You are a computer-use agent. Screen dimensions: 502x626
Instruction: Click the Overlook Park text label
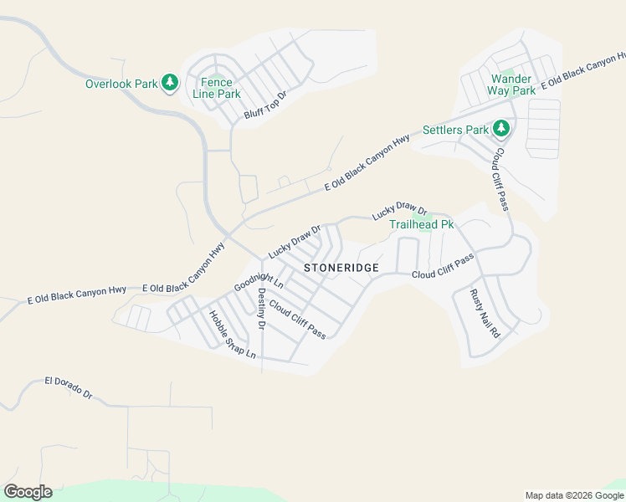pyautogui.click(x=121, y=84)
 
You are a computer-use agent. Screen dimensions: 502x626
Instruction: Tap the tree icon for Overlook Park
pyautogui.click(x=170, y=82)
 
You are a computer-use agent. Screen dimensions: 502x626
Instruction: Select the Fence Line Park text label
pyautogui.click(x=217, y=88)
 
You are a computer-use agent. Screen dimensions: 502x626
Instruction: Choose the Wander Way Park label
pyautogui.click(x=511, y=85)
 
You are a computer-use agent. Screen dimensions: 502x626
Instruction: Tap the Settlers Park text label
pyautogui.click(x=455, y=131)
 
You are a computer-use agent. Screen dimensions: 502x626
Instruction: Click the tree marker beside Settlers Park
pyautogui.click(x=501, y=128)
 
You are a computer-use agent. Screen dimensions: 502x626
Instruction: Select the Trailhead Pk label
pyautogui.click(x=421, y=224)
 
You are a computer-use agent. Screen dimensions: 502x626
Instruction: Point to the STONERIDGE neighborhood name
pyautogui.click(x=341, y=268)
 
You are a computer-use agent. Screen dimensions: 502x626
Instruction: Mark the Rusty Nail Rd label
pyautogui.click(x=485, y=313)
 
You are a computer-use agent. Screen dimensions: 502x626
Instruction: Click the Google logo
pyautogui.click(x=28, y=492)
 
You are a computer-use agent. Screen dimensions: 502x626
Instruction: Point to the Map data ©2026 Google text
pyautogui.click(x=573, y=495)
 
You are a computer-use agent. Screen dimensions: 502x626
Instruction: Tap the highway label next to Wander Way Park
pyautogui.click(x=583, y=74)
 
